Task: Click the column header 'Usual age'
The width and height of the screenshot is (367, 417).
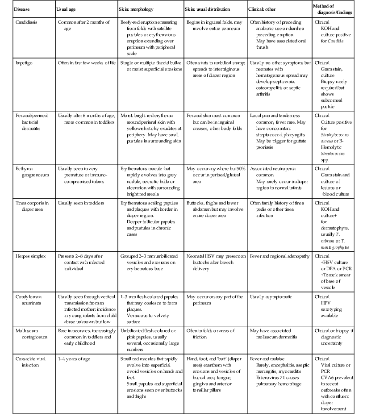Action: [x=66, y=9]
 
